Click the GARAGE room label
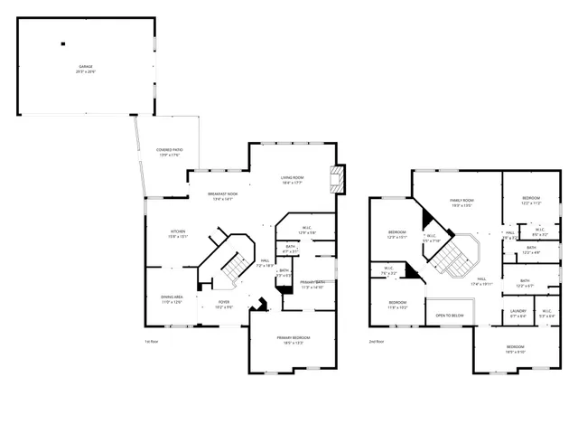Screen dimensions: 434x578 [x=86, y=66]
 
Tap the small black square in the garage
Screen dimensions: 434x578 [x=63, y=42]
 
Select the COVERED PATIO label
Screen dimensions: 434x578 [x=169, y=150]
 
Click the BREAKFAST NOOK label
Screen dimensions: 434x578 [x=222, y=193]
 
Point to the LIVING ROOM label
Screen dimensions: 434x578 [x=292, y=177]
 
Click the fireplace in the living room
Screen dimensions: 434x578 [x=338, y=179]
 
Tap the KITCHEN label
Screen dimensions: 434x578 [x=178, y=231]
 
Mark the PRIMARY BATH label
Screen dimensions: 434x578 [x=313, y=282]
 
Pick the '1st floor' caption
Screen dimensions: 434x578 [x=152, y=341]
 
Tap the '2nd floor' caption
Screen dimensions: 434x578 [x=376, y=341]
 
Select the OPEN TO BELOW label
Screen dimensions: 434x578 [x=450, y=315]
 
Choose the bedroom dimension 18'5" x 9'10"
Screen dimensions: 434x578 [x=515, y=351]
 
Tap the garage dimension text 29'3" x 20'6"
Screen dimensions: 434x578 [x=86, y=71]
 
